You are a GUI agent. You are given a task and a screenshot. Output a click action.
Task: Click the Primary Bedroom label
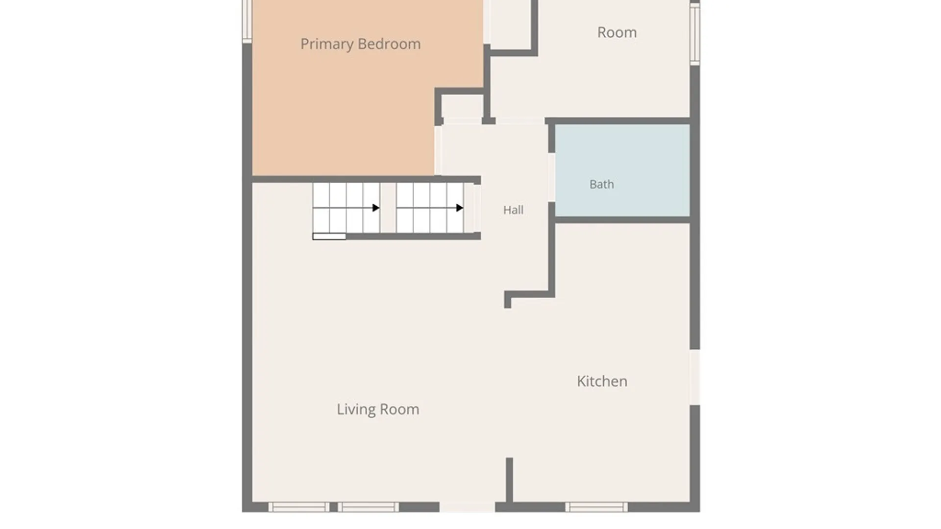coord(360,44)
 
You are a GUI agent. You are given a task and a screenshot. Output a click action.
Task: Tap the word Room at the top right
coord(617,32)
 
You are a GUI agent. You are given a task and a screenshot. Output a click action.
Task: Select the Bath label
coord(601,184)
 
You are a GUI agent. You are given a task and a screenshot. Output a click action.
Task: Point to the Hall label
coord(513,210)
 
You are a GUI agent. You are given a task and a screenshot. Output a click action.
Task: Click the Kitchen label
coord(602,381)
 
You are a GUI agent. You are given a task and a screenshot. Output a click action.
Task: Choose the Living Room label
coord(378,409)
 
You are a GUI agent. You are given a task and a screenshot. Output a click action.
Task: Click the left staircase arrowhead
coord(376,208)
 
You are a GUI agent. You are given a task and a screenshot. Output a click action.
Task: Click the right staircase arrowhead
coord(460,208)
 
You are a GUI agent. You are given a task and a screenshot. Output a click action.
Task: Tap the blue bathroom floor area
coord(622,170)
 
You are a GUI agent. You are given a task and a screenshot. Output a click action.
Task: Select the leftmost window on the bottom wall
coord(299,507)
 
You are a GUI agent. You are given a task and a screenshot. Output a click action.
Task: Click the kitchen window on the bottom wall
coord(596,507)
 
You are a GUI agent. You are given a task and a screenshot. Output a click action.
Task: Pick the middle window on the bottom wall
coord(368,507)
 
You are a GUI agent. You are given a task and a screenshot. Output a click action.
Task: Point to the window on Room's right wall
coord(695,33)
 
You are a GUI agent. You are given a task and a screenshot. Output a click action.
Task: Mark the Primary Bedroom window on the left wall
coord(247,22)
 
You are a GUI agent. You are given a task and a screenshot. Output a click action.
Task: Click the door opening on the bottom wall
coord(467,507)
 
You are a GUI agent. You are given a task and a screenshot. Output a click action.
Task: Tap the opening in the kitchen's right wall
coord(695,377)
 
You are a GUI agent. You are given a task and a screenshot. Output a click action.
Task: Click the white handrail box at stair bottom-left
coord(329,237)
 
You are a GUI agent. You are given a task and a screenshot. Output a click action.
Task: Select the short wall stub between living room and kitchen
coord(509,480)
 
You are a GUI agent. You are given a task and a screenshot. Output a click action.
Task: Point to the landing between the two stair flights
coord(388,208)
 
